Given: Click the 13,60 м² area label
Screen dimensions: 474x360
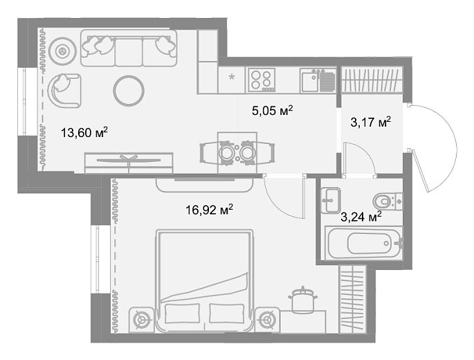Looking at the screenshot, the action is [x=84, y=132].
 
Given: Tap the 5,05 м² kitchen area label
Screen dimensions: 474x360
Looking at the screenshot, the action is [x=273, y=110].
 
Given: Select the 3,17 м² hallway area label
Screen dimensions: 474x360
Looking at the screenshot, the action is [x=371, y=123].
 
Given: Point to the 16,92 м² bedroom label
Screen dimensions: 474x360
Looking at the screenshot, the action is [x=210, y=210].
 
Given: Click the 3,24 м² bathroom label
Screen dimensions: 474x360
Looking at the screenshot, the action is [x=361, y=217].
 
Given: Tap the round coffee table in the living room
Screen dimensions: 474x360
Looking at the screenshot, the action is [x=129, y=91].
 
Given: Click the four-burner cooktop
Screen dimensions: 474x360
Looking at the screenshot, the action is [x=262, y=80].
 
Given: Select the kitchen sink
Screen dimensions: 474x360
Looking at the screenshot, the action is [x=318, y=80].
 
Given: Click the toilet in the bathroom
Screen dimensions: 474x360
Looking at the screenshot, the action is [x=388, y=201].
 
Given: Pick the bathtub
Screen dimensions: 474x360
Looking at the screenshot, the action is [x=364, y=242].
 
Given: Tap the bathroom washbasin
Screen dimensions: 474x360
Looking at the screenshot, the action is [x=330, y=200].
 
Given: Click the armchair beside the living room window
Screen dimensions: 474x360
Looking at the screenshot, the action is [x=64, y=91].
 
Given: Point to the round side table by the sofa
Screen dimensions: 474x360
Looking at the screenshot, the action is [x=62, y=51].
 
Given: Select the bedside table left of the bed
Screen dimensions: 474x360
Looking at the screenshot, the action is [x=141, y=320].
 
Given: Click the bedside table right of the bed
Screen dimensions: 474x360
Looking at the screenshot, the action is [x=267, y=320].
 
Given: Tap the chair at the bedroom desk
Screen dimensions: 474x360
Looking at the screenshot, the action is [x=302, y=299].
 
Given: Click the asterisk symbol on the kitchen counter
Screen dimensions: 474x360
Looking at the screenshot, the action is [x=232, y=77].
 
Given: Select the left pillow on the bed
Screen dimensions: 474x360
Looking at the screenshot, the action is [x=182, y=313].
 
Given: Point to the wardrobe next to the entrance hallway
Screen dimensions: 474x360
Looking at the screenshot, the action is [x=372, y=80].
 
